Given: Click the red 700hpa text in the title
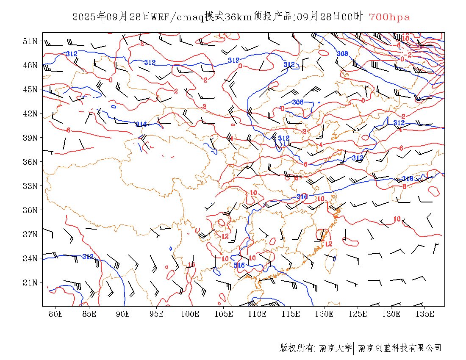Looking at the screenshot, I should (389, 17).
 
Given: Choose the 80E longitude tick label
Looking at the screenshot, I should (55, 314).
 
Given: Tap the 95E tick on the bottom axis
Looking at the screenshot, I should (156, 314).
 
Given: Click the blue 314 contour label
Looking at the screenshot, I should (141, 124).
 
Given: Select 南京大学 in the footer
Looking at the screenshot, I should (335, 348).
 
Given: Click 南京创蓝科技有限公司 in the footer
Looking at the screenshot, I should (399, 348).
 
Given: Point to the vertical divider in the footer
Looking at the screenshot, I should (353, 348).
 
